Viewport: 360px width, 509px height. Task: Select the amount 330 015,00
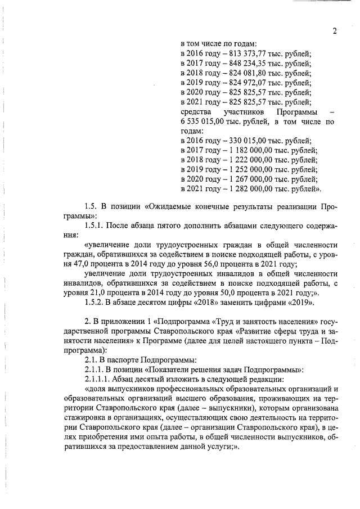coord(244,141)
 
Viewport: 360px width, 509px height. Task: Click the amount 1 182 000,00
coord(247,150)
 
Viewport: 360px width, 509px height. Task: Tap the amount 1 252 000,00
coord(247,169)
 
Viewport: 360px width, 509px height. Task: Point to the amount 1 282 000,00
coord(247,188)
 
